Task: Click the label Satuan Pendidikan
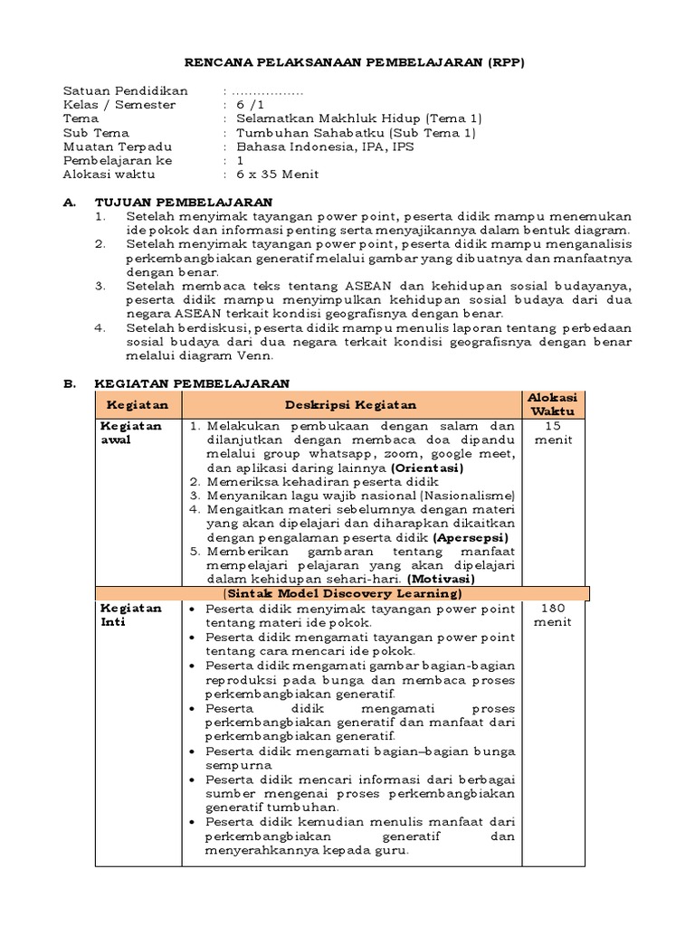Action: coord(125,91)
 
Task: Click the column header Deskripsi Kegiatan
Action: coord(351,405)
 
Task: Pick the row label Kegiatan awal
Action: coord(131,432)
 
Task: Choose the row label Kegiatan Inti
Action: coord(131,615)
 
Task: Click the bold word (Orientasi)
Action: coord(427,468)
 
